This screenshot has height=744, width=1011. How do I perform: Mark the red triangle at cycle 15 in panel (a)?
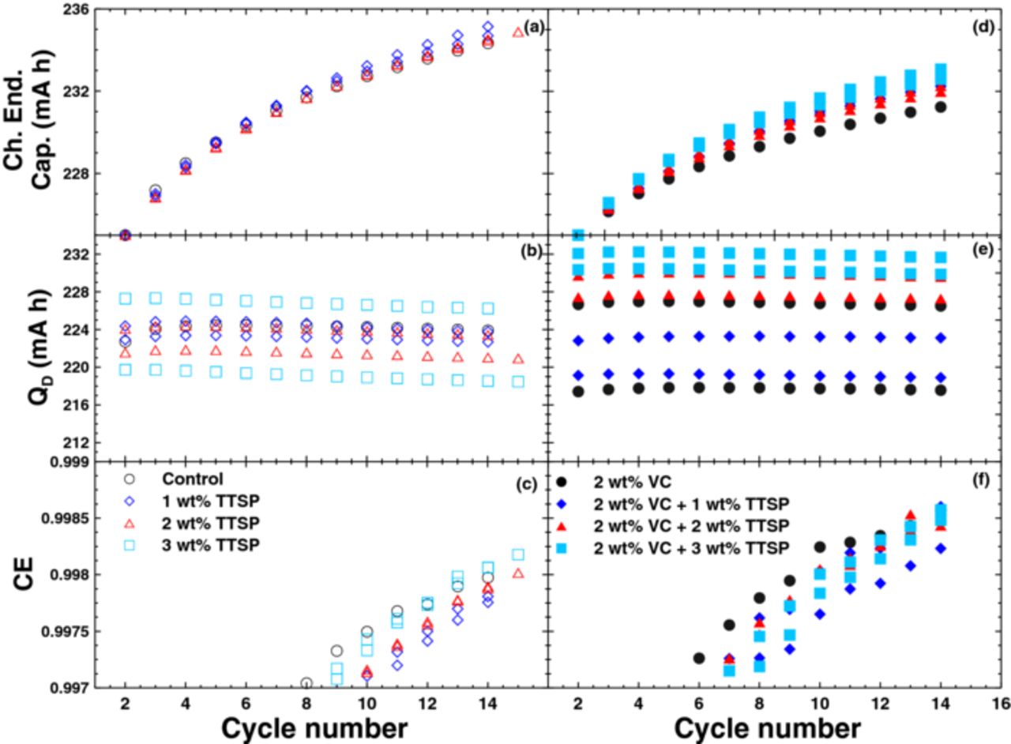(x=518, y=32)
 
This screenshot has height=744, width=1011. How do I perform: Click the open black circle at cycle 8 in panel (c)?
(x=306, y=683)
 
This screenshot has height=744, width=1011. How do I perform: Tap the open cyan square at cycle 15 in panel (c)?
(x=518, y=555)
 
